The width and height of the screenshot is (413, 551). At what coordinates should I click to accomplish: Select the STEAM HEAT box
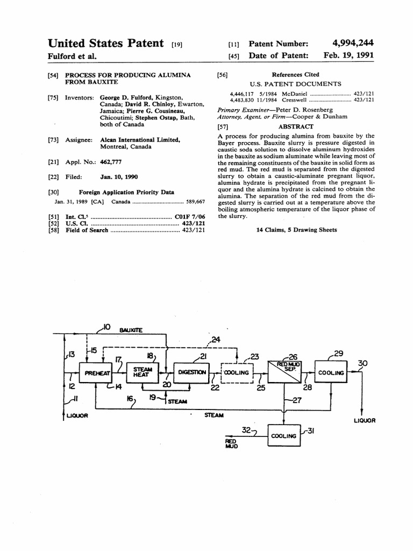click(143, 372)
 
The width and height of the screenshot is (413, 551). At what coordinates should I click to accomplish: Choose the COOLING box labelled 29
click(331, 372)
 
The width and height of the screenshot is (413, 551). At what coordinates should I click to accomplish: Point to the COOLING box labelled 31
click(284, 436)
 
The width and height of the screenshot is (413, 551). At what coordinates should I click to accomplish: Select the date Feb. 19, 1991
click(349, 55)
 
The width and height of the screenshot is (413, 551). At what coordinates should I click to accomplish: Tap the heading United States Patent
click(106, 43)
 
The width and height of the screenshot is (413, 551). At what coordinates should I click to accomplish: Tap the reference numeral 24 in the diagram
click(216, 339)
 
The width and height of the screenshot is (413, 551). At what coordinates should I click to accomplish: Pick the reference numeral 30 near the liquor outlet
click(364, 363)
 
